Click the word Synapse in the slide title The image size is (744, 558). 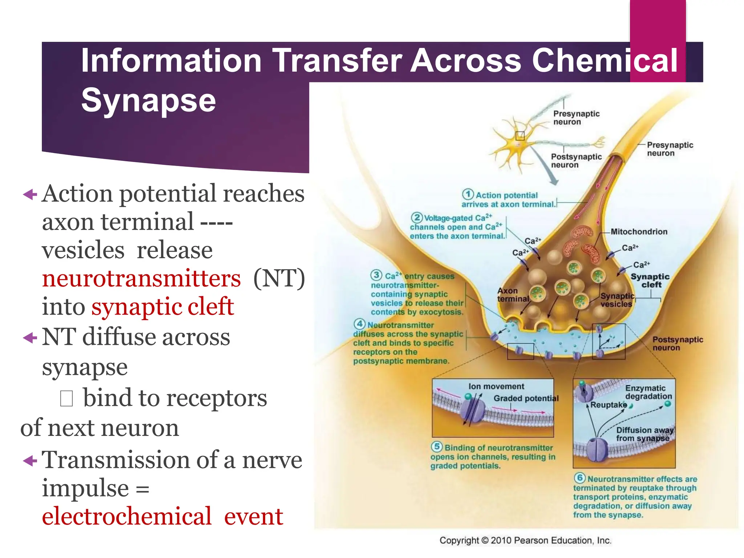(x=148, y=100)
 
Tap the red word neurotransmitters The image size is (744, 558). (x=141, y=279)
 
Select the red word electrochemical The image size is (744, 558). (x=126, y=516)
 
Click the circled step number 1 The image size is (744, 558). (x=468, y=194)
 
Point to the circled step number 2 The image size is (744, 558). (x=417, y=217)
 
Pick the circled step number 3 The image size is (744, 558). (x=376, y=275)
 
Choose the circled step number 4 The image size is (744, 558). (x=359, y=324)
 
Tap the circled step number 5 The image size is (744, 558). (x=437, y=446)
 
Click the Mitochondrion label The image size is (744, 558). (x=639, y=232)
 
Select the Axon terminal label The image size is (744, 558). (x=513, y=295)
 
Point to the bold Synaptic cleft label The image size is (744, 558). (x=650, y=280)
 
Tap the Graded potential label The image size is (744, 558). (x=526, y=399)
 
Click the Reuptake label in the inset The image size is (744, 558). (x=608, y=405)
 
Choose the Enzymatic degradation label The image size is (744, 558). (x=648, y=392)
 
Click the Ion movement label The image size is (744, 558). (x=496, y=387)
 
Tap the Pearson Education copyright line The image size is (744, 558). (x=525, y=541)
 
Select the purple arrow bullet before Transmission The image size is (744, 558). (x=30, y=461)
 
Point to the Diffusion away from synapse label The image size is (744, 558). (x=644, y=434)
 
